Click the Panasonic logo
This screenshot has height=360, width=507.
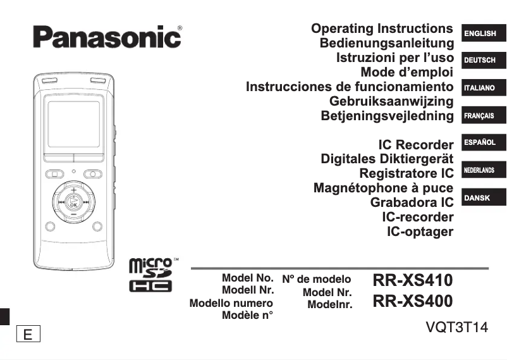pyautogui.click(x=107, y=37)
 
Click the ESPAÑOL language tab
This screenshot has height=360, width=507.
pyautogui.click(x=480, y=143)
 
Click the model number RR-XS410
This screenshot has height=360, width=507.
pyautogui.click(x=413, y=280)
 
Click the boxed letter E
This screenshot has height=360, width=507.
pyautogui.click(x=28, y=334)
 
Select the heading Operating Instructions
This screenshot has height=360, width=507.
pyautogui.click(x=382, y=29)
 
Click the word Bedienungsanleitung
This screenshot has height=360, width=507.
pyautogui.click(x=387, y=44)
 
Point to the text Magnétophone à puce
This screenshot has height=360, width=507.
pyautogui.click(x=383, y=189)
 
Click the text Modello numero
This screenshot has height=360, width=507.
pyautogui.click(x=231, y=304)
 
